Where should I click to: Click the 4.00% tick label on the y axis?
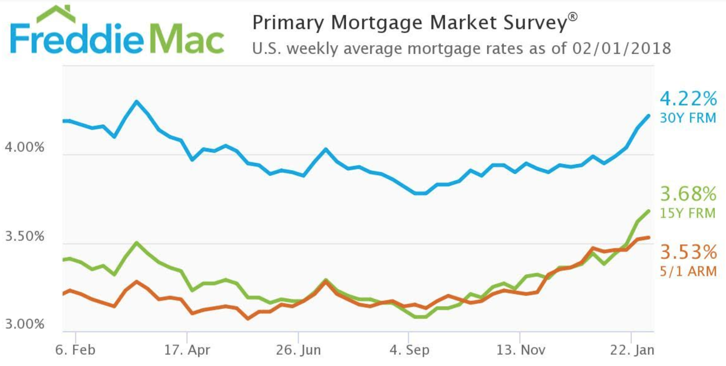(24, 147)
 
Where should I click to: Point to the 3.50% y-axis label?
(24, 236)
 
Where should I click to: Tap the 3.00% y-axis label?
(24, 324)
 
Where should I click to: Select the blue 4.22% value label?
(688, 99)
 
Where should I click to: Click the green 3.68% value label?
(688, 194)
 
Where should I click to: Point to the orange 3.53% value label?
(688, 252)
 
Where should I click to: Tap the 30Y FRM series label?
(688, 118)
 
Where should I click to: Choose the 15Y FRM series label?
(688, 213)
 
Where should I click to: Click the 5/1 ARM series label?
(688, 271)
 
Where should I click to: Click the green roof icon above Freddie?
(56, 14)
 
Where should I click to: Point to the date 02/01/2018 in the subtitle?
(621, 48)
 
